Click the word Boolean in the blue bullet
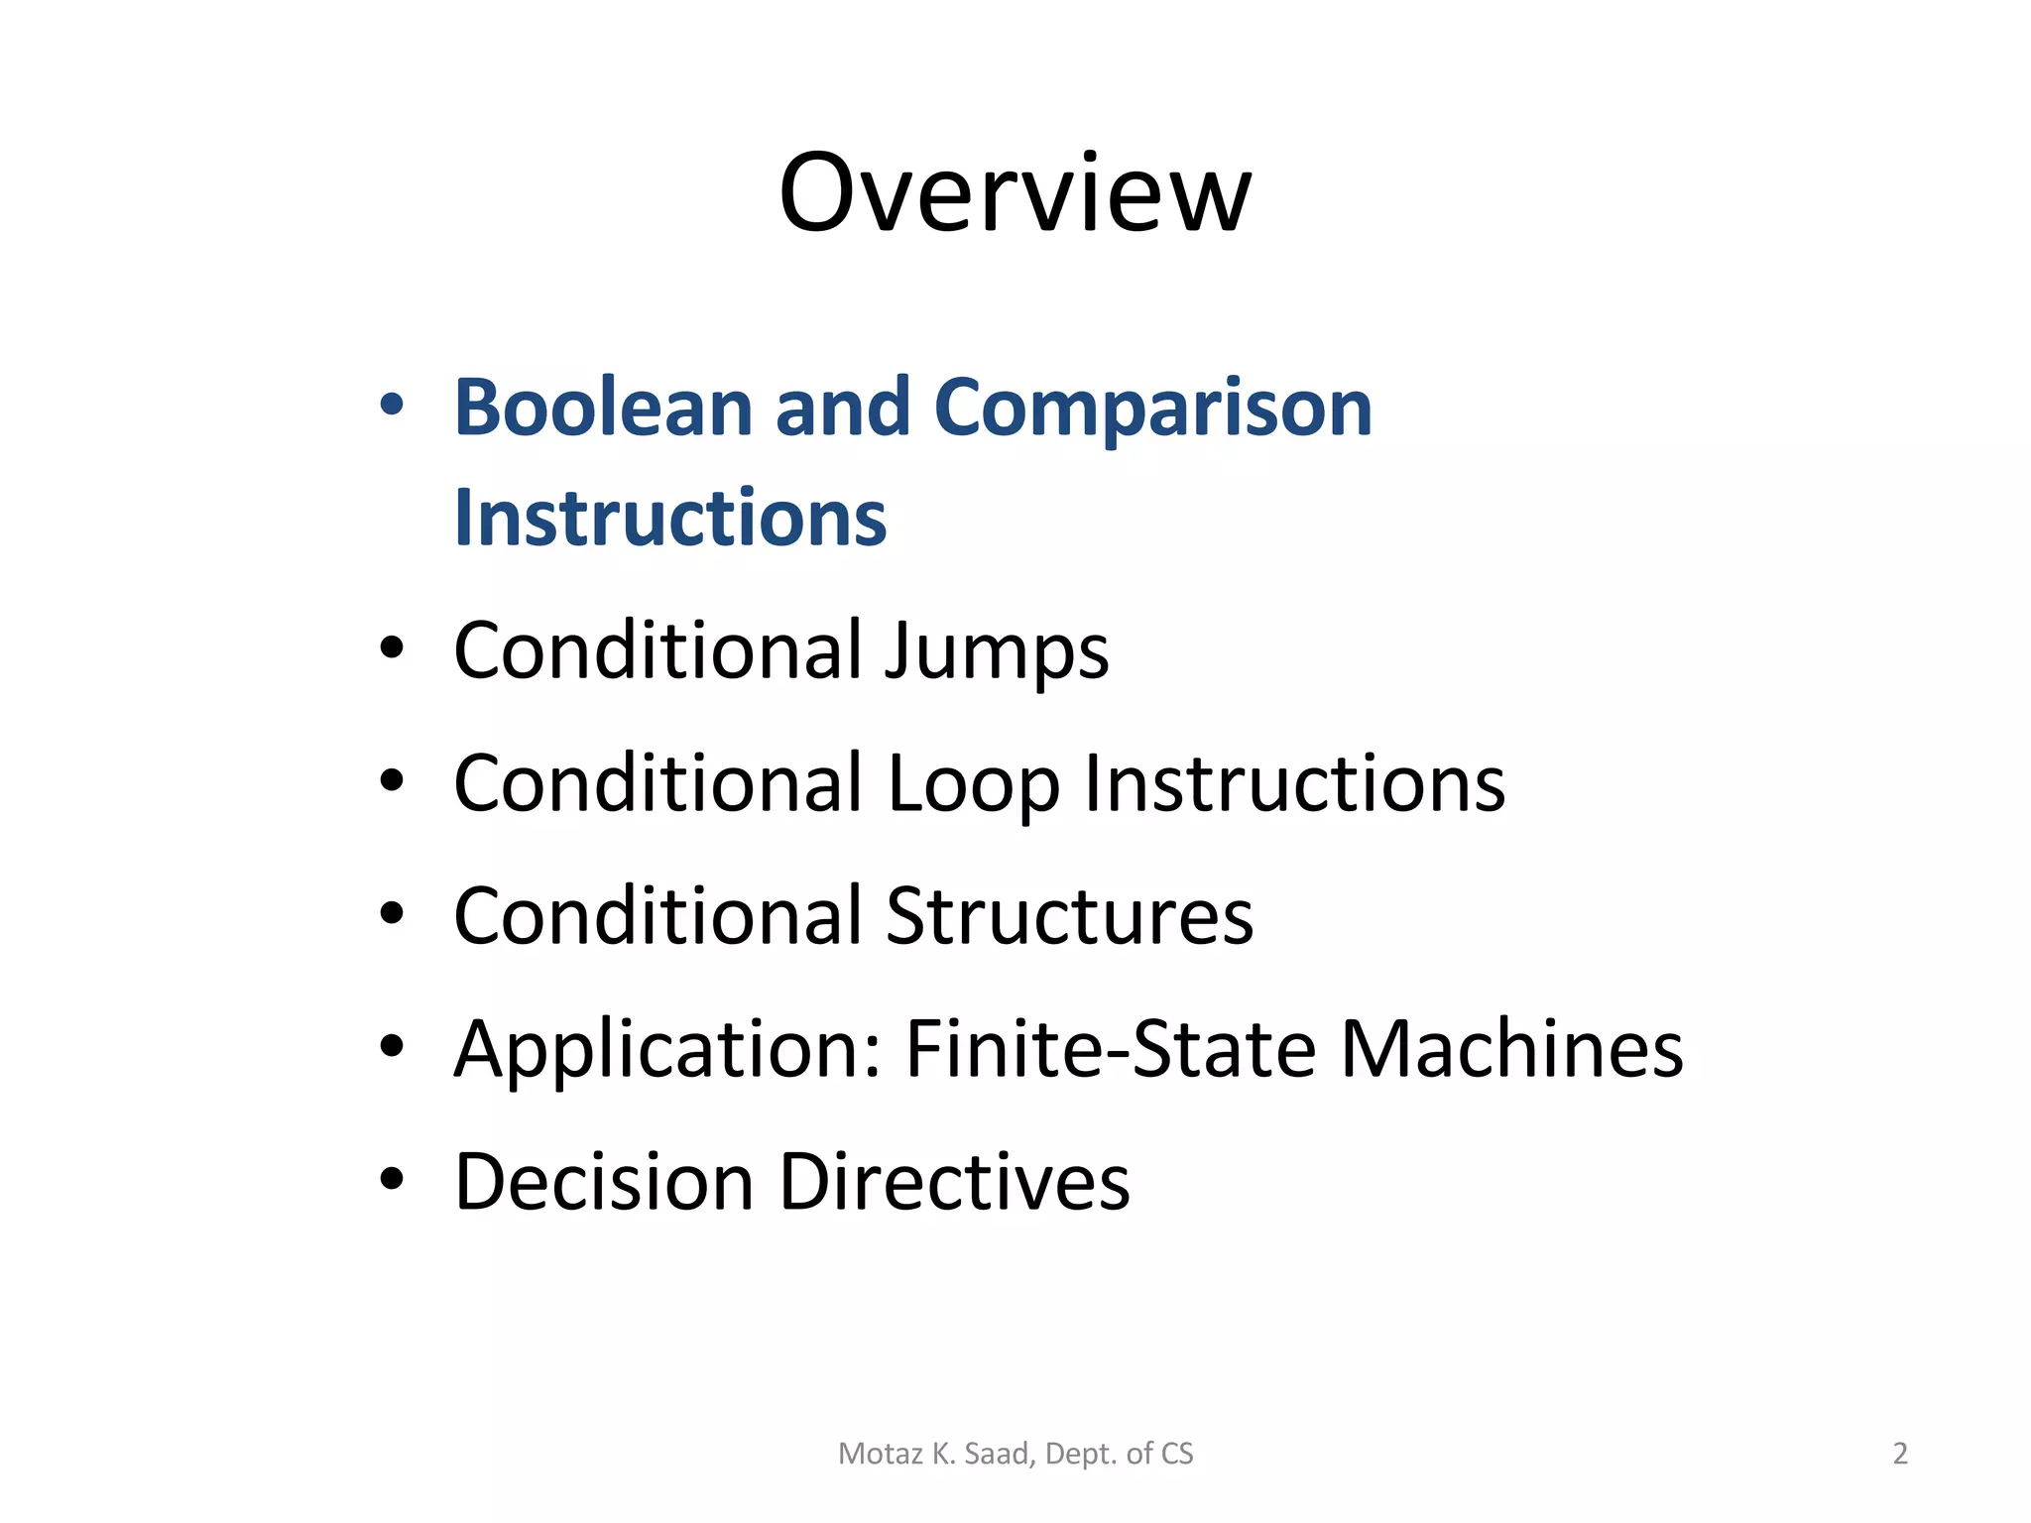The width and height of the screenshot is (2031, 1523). (602, 409)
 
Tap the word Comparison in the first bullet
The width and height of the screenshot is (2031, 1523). (1152, 409)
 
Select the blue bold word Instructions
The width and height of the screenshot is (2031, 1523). (669, 519)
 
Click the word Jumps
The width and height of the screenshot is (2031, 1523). (997, 652)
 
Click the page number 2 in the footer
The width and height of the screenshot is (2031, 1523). (1900, 1454)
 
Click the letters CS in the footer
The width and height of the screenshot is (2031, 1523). (1176, 1454)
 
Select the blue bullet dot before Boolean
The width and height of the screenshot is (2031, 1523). (392, 404)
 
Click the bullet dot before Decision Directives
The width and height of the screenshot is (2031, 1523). (392, 1178)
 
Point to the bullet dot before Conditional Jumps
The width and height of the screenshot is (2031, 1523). (392, 647)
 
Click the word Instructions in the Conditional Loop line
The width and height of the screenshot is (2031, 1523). (1294, 784)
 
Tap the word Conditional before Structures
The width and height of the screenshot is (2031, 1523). (657, 917)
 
